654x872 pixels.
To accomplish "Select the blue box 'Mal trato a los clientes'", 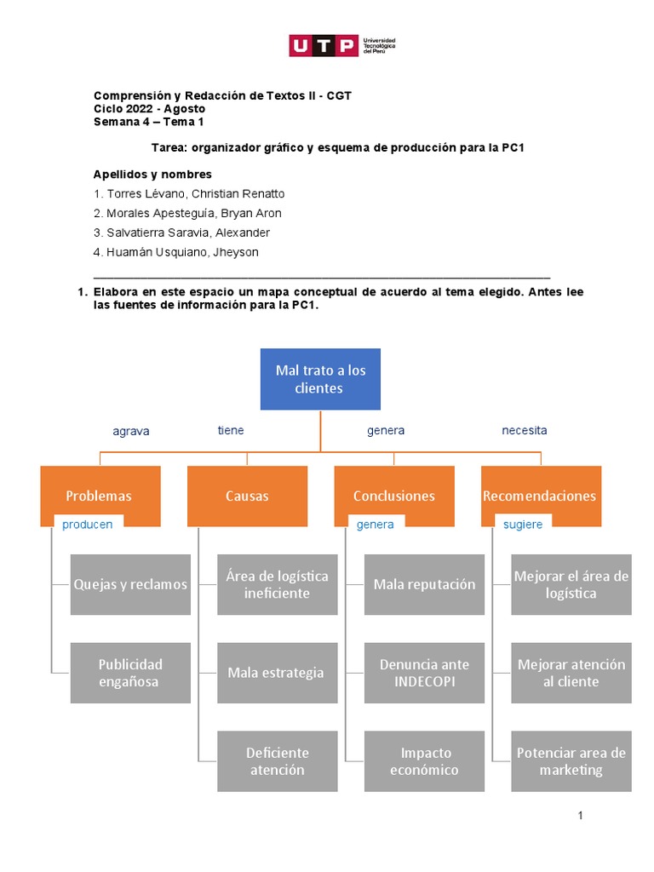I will point(320,379).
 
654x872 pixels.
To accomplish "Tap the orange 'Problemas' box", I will point(100,496).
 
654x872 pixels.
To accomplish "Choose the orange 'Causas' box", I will point(247,496).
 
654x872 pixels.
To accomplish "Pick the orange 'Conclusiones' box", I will point(394,496).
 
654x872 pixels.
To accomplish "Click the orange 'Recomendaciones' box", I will point(541,496).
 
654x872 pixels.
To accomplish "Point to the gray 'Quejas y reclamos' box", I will point(130,584).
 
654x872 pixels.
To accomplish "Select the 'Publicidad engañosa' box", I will point(130,673).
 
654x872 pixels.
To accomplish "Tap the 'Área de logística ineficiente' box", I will point(277,584).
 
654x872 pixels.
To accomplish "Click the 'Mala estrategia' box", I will point(277,673).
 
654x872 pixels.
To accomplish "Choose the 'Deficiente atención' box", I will point(277,761).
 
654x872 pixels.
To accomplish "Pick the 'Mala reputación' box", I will point(424,584).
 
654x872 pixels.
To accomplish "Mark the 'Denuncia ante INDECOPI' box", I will point(424,673).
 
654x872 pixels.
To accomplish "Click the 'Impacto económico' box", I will point(424,761).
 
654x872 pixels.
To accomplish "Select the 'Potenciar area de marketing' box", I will point(571,761).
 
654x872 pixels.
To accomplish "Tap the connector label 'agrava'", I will point(131,431).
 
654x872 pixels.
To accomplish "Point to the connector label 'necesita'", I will point(524,430).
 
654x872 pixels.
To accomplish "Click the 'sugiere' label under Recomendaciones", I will point(523,525).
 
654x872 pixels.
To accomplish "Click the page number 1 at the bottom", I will point(580,816).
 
